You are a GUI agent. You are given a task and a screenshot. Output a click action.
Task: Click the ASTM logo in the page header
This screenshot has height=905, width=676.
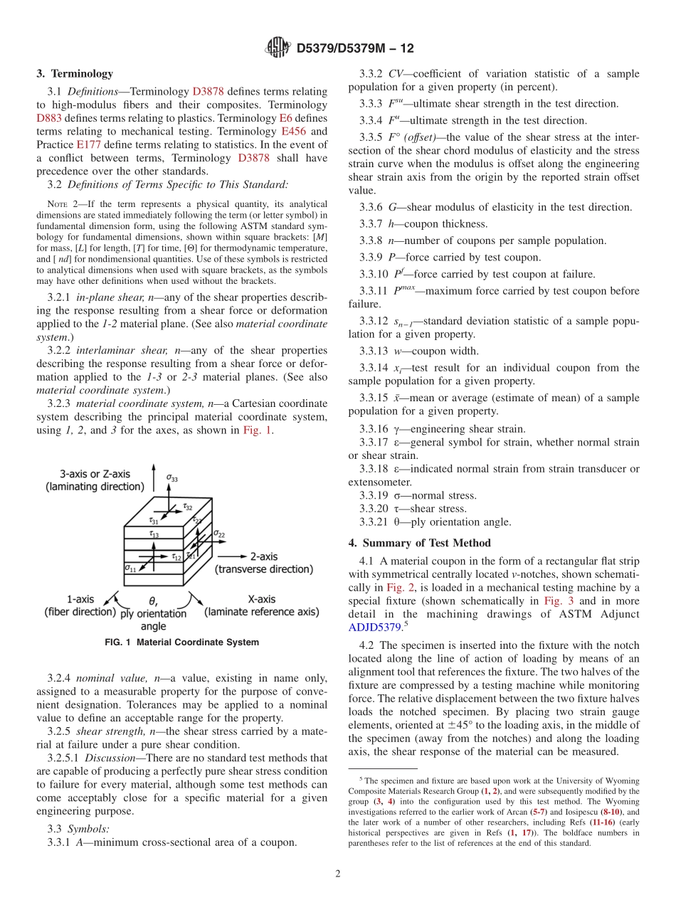click(278, 48)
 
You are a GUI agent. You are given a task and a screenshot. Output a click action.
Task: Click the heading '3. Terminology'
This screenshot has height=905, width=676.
click(75, 73)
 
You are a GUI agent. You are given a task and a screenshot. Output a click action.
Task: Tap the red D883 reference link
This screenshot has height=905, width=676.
click(48, 118)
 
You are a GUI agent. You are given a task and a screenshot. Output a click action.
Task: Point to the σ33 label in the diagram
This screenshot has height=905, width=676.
click(172, 478)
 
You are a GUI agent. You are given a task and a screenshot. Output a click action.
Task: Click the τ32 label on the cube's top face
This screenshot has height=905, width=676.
click(188, 507)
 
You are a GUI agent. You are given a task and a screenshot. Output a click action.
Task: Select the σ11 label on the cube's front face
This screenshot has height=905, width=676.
click(130, 567)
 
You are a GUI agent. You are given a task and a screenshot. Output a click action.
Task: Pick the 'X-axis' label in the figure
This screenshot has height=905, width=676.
click(261, 599)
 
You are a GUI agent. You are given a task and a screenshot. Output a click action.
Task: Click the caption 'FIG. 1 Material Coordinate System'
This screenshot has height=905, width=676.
click(182, 642)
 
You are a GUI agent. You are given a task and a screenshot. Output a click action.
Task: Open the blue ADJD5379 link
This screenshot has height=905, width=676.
click(375, 628)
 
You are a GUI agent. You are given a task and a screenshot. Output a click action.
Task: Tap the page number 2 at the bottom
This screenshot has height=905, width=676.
click(338, 874)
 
